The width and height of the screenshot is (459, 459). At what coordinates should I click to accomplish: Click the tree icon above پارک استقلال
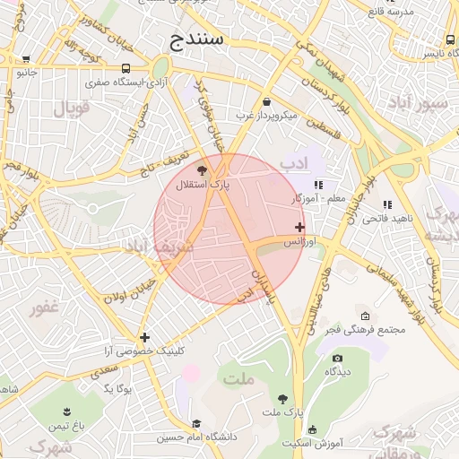tap(202, 169)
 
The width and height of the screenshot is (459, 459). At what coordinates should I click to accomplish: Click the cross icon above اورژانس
tap(299, 227)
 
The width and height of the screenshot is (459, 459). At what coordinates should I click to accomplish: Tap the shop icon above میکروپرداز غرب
tap(268, 101)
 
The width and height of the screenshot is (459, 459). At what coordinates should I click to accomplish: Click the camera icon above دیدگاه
tap(337, 358)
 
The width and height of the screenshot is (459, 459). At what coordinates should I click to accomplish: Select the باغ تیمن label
tap(65, 422)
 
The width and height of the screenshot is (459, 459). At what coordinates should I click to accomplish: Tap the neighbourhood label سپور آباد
tap(424, 103)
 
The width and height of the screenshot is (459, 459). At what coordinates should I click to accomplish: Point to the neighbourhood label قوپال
tap(73, 110)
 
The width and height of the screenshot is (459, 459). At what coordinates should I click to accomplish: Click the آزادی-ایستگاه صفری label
tap(126, 82)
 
